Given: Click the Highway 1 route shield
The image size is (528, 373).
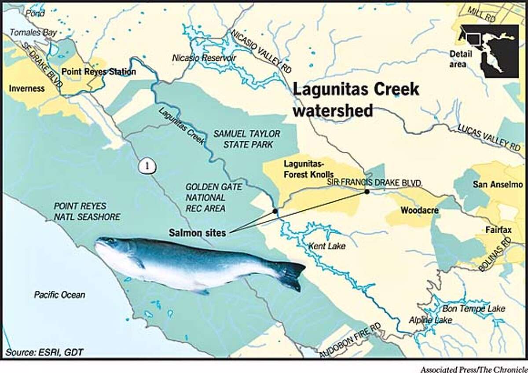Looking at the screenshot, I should (145, 167).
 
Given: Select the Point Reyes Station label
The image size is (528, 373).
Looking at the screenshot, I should (98, 72).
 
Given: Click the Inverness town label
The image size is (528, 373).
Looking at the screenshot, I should (26, 88).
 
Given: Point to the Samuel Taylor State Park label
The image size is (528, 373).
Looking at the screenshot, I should (247, 139).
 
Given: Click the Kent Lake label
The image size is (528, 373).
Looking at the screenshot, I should (327, 245).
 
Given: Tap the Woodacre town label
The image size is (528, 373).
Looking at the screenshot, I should (419, 211).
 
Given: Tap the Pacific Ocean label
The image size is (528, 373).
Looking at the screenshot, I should (59, 295).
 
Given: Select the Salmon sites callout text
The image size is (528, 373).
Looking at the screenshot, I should (197, 233).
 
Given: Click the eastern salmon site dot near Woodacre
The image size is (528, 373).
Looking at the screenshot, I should (366, 191).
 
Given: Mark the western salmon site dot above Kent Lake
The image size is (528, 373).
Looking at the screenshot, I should (275, 211).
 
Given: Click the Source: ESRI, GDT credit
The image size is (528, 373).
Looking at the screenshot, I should (44, 352).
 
